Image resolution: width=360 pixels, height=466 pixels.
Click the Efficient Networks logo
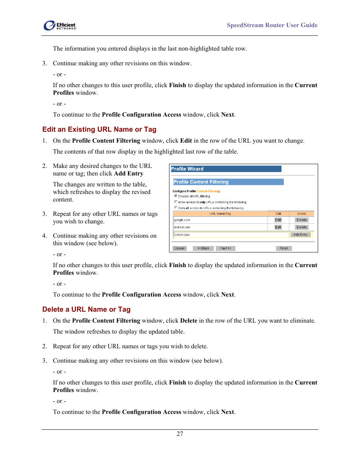point(60,26)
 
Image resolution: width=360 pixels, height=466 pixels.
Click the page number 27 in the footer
point(180,434)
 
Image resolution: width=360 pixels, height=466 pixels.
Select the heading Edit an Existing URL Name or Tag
point(99,129)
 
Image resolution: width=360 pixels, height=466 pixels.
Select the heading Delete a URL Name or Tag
point(86,309)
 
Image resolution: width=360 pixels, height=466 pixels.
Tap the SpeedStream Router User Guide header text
point(272,25)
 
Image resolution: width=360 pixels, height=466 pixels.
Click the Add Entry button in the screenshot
point(300,235)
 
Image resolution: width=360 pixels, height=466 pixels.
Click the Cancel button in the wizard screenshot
point(179,248)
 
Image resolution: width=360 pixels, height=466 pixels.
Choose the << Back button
point(203,248)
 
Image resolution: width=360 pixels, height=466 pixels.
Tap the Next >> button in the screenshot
point(226,248)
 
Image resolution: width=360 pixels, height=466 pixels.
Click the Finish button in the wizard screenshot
point(284,248)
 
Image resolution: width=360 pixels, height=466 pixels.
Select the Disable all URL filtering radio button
point(176,196)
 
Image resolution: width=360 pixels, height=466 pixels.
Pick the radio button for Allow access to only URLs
point(176,202)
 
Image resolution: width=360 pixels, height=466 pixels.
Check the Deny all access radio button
point(176,208)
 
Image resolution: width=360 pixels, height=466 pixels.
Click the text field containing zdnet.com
point(231,235)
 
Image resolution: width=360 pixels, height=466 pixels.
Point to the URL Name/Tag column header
point(220,214)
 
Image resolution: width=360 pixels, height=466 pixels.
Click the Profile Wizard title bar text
point(188,169)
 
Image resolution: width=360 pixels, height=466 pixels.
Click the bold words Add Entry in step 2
point(129,174)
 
